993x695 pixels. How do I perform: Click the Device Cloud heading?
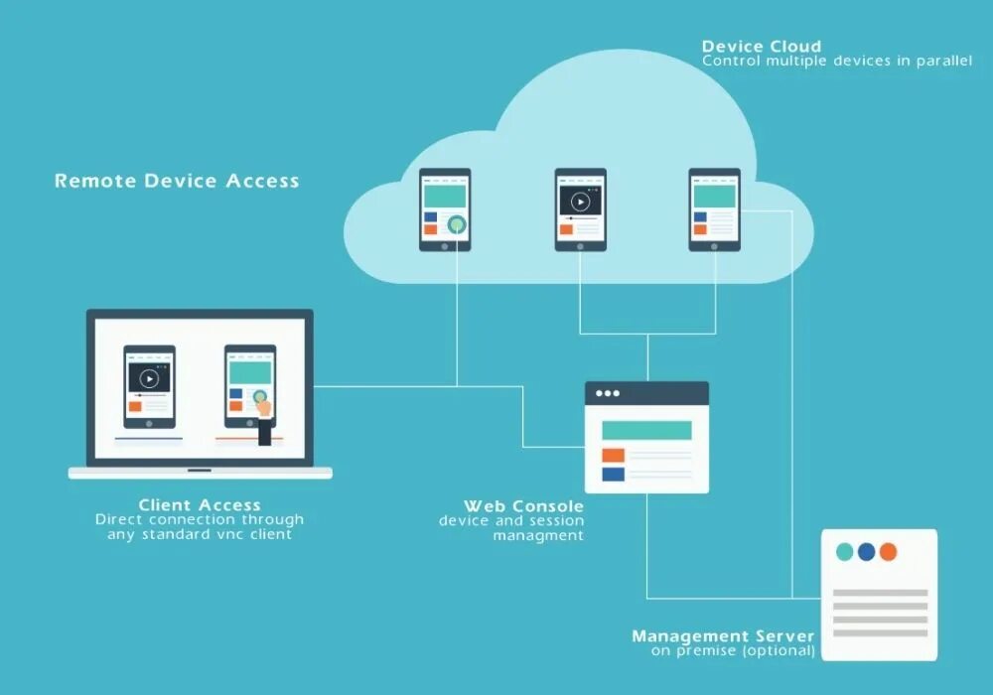click(x=761, y=47)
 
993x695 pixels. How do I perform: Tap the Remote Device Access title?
click(x=177, y=181)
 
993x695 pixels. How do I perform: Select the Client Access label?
click(x=200, y=505)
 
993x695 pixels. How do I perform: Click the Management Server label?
click(x=723, y=636)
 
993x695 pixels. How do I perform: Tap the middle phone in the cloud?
click(x=580, y=209)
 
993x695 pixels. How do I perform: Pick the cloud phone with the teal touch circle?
click(x=445, y=209)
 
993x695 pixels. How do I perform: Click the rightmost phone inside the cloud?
click(x=715, y=209)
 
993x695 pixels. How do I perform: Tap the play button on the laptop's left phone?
click(x=149, y=378)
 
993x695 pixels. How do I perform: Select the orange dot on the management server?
click(x=888, y=552)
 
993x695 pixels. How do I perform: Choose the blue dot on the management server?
click(x=866, y=552)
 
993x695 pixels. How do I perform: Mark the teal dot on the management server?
click(x=844, y=552)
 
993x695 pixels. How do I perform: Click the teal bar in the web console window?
click(x=646, y=430)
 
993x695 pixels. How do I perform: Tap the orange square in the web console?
click(x=613, y=455)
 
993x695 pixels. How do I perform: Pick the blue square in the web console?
click(x=613, y=474)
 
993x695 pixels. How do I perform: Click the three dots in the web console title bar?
click(x=607, y=393)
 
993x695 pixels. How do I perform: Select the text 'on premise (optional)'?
click(x=733, y=651)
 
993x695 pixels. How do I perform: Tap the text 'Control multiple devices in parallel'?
click(x=837, y=61)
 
